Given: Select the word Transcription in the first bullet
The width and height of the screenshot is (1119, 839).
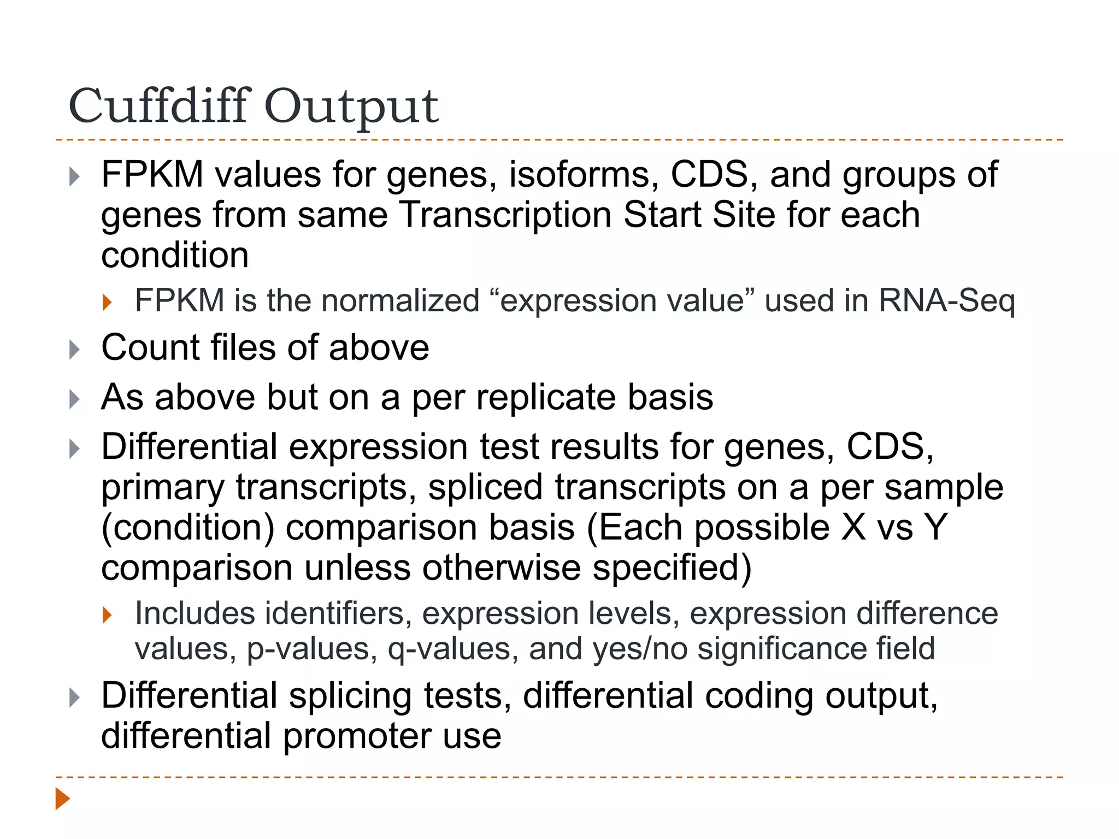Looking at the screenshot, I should coord(505,215).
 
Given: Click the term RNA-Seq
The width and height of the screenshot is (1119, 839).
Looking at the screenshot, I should coord(946,301).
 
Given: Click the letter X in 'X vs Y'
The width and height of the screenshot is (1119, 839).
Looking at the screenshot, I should coord(853,528).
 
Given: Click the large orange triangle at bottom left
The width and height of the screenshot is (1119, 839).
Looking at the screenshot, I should coord(63,799).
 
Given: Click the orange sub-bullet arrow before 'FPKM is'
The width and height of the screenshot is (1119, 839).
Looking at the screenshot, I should coord(107,302).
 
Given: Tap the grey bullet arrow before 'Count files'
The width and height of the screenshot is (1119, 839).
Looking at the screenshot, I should coord(75,350).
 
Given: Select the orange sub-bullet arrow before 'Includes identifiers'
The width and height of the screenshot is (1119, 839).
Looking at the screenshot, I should coord(107,615).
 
